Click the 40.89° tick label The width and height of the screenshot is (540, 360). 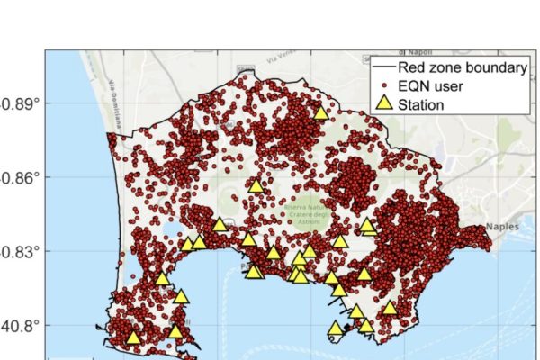click(x=19, y=103)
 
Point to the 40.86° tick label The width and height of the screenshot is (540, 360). click(x=19, y=177)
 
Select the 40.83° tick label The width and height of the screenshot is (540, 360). click(x=19, y=251)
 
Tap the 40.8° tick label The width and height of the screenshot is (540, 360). click(x=22, y=325)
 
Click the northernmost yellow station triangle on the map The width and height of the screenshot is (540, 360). click(x=320, y=112)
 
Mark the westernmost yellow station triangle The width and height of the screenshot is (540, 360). click(x=133, y=337)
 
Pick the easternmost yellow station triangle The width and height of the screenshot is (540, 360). click(x=390, y=308)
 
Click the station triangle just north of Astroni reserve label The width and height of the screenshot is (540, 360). click(x=256, y=186)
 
